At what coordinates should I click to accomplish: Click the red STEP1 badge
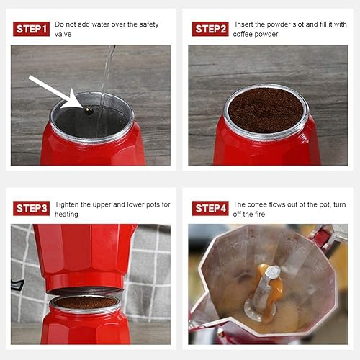point(31,29)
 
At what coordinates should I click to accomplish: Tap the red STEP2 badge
point(210,29)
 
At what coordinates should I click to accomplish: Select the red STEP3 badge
point(31,208)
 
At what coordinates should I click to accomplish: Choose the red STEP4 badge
point(210,208)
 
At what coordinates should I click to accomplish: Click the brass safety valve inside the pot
point(88,110)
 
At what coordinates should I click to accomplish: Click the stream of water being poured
point(107,72)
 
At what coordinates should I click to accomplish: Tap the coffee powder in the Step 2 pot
point(266,109)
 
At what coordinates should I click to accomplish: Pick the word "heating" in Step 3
point(66,214)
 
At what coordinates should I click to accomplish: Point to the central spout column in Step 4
point(269,288)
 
